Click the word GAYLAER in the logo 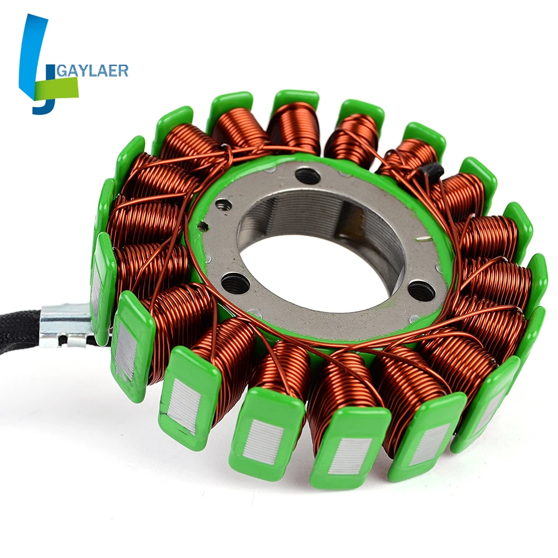[92, 70]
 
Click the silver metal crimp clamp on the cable [67, 325]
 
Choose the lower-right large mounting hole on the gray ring [422, 290]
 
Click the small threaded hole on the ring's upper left [224, 205]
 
